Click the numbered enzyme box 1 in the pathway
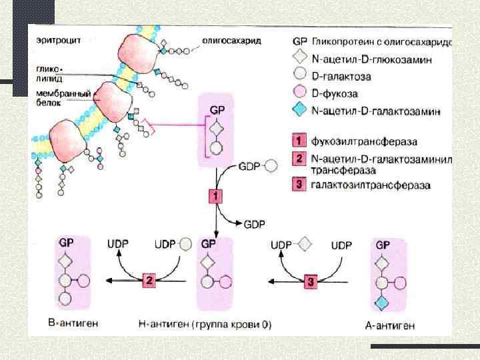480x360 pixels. pyautogui.click(x=217, y=196)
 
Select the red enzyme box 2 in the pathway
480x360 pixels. pyautogui.click(x=149, y=281)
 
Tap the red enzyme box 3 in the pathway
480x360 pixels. pyautogui.click(x=311, y=281)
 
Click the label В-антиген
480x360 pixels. pyautogui.click(x=78, y=323)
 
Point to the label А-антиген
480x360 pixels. pyautogui.click(x=391, y=325)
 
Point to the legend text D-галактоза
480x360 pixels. pyautogui.click(x=341, y=77)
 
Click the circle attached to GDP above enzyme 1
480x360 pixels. pyautogui.click(x=271, y=166)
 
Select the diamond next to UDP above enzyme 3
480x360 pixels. pyautogui.click(x=304, y=245)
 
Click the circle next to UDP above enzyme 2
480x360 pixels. pyautogui.click(x=186, y=245)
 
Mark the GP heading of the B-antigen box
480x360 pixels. pyautogui.click(x=66, y=244)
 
